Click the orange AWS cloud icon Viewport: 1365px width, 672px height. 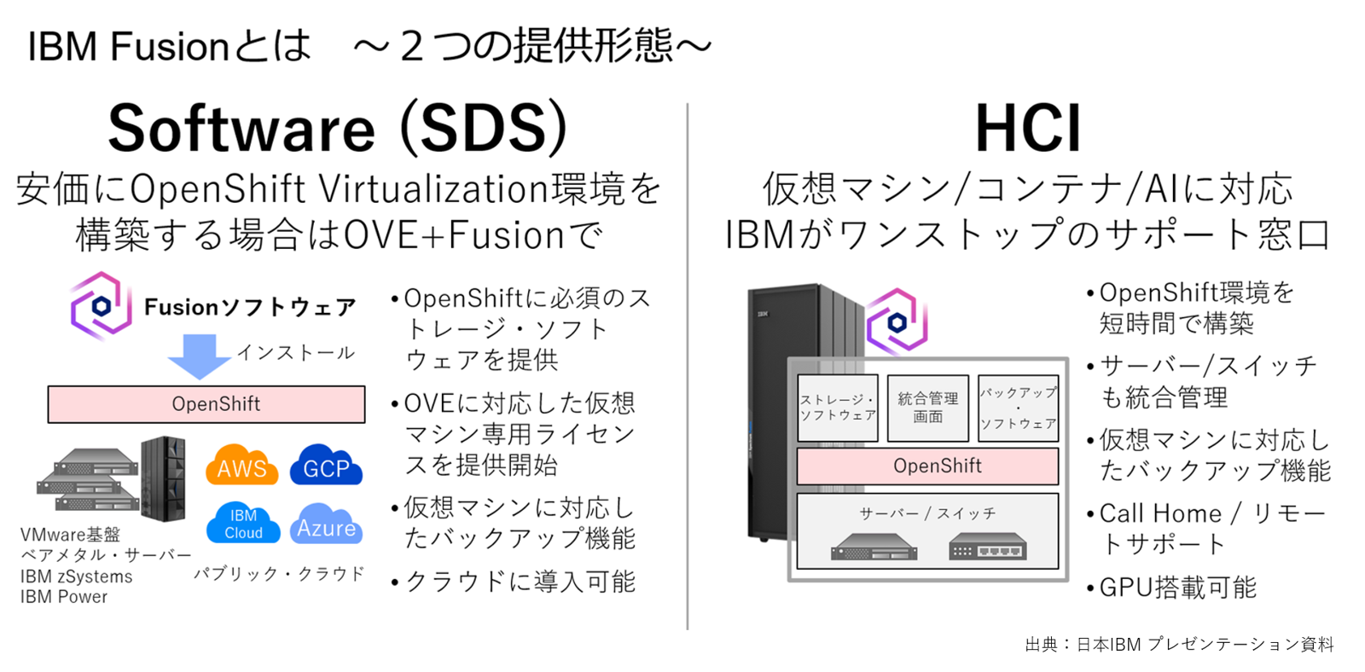[x=241, y=466]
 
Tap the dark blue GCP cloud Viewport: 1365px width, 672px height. [x=326, y=466]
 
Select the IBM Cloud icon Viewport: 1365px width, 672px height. [x=243, y=524]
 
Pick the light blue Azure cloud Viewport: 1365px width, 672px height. [x=327, y=526]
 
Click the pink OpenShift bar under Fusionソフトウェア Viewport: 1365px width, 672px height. [x=206, y=404]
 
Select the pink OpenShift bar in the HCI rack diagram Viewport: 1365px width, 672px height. [x=927, y=466]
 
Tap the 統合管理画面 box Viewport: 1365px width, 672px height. [x=927, y=408]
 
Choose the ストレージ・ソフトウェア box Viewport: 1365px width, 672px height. [x=837, y=408]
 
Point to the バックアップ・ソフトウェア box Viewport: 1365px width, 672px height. [x=1018, y=408]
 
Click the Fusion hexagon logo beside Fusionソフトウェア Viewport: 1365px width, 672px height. [x=101, y=306]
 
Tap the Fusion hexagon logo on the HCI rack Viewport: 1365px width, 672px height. [x=897, y=322]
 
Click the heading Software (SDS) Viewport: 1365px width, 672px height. [x=338, y=129]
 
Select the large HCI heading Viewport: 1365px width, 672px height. [x=1027, y=129]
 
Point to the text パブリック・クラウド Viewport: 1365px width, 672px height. [x=279, y=574]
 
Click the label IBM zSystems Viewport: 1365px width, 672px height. [x=77, y=576]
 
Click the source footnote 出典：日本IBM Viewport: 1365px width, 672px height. [x=1179, y=645]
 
